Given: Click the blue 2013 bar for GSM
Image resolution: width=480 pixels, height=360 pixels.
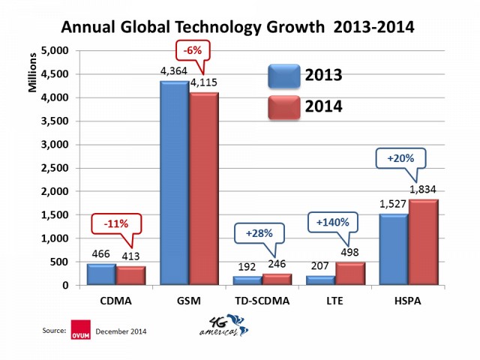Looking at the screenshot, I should tap(175, 183).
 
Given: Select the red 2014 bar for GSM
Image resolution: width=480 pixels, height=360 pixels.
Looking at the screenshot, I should tap(203, 188).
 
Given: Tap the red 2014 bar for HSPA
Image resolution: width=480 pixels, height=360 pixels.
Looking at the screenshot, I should tap(423, 242).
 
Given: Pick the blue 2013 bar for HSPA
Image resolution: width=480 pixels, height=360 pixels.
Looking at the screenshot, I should tap(394, 249).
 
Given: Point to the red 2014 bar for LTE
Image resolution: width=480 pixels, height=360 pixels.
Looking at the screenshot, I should tap(350, 274).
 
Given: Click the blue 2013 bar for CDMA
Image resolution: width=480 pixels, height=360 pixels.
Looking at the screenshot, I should tap(102, 274).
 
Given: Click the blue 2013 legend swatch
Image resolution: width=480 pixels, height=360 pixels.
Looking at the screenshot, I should tap(283, 76).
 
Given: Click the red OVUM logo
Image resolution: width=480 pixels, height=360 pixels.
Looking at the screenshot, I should tap(78, 329).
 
